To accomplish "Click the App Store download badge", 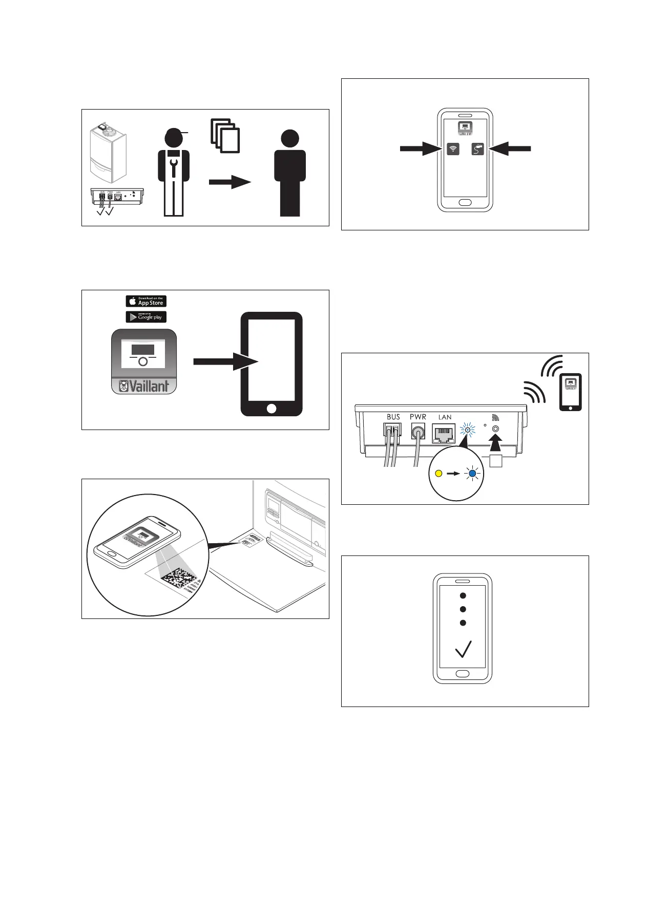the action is [x=146, y=301].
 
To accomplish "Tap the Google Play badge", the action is [x=146, y=317].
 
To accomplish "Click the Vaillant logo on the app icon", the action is [x=144, y=386].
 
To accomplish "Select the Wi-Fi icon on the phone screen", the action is [x=453, y=149].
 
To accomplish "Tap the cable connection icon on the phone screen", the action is [x=477, y=149].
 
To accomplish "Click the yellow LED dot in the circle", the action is [x=438, y=474].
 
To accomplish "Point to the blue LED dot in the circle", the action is [x=472, y=474].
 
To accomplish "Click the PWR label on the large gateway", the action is [x=418, y=417].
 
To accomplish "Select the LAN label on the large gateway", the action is [x=445, y=417].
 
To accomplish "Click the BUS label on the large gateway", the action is [x=393, y=417].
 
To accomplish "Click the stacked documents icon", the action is [x=225, y=136].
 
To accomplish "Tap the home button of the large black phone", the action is [x=272, y=408].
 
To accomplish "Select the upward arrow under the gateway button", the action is [x=495, y=443].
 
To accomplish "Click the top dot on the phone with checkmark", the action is [x=463, y=595].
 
